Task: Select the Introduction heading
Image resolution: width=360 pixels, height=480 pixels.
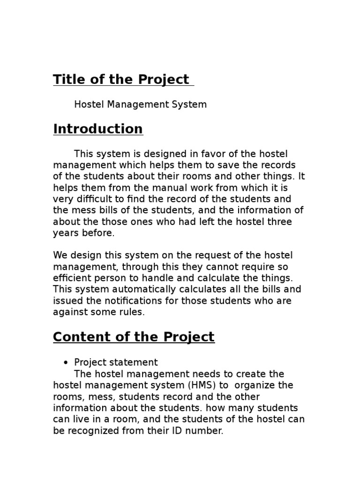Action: (98, 129)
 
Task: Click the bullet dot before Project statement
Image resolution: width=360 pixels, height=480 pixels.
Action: (66, 363)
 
